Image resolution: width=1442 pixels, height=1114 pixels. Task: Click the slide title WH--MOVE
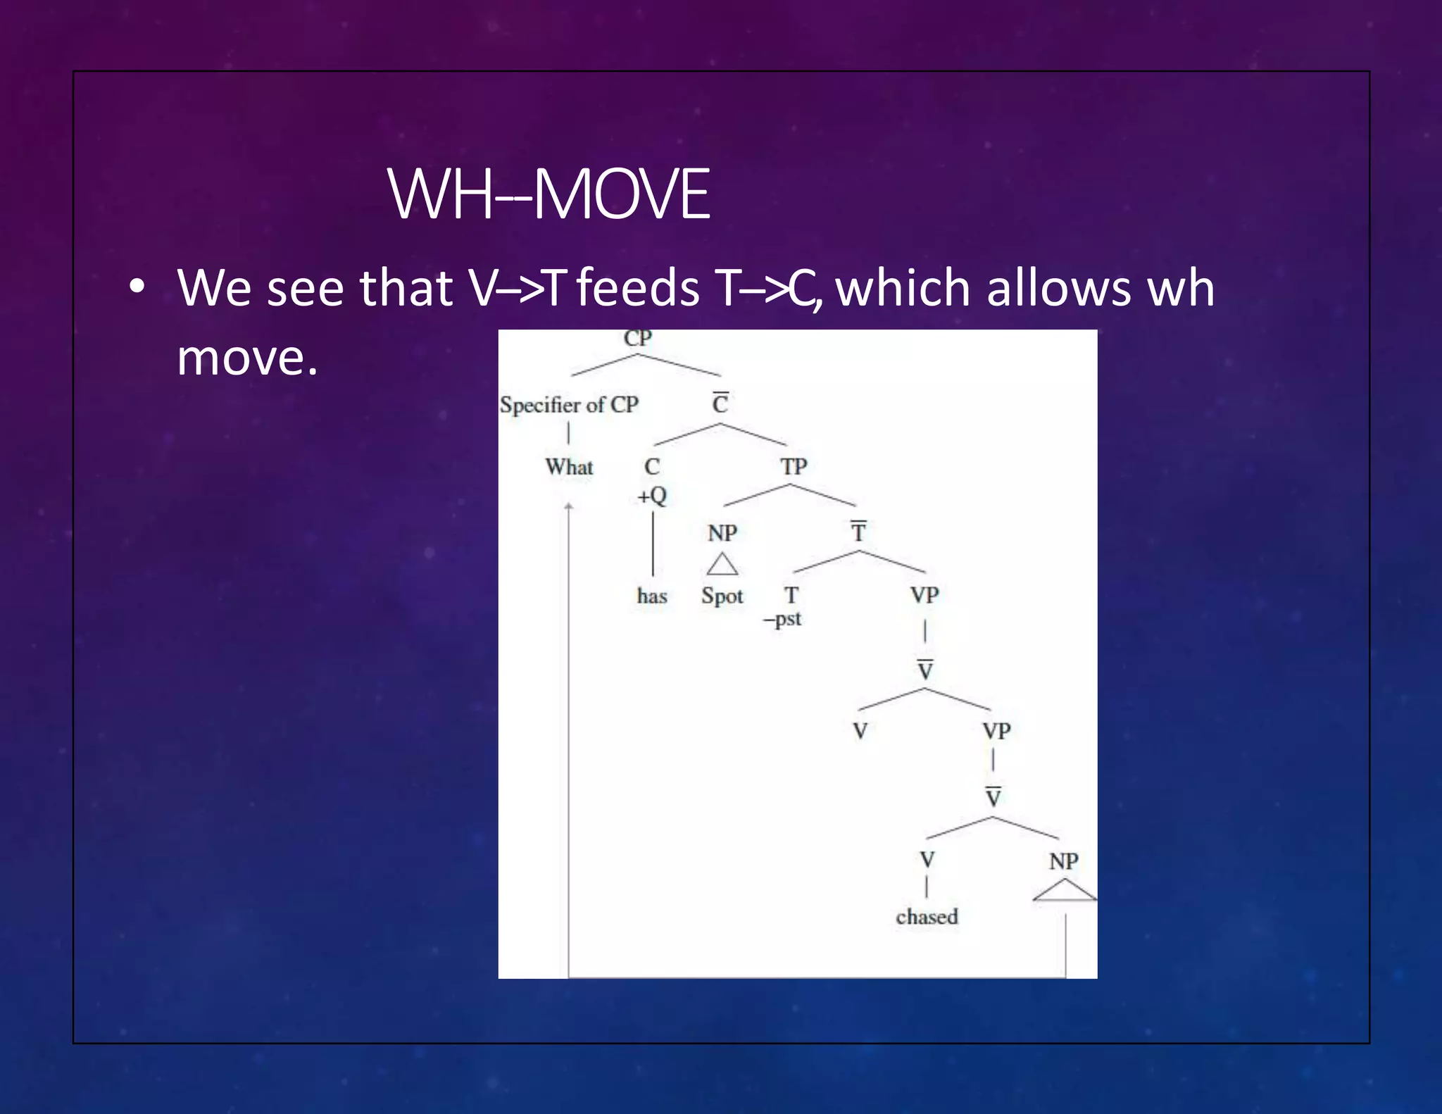coord(548,194)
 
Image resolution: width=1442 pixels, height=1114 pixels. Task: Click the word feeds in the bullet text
coord(638,289)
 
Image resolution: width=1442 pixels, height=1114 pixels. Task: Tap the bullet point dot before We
coord(137,287)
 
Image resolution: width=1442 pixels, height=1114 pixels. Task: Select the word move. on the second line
coord(247,358)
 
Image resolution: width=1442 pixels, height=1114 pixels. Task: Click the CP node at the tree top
coord(638,339)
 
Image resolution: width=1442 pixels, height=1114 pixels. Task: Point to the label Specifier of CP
coord(569,405)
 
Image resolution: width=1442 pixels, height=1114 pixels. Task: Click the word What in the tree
coord(569,467)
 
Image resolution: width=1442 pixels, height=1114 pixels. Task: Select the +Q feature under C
coord(652,496)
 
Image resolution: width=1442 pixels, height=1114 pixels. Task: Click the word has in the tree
coord(652,596)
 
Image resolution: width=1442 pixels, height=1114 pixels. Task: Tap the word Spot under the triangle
coord(722,596)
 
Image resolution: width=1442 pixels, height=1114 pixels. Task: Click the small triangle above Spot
coord(722,565)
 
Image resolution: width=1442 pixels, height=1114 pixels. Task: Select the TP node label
coord(794,467)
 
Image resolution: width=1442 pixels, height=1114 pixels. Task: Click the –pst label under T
coord(783,620)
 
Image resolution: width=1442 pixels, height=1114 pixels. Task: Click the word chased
coord(927,917)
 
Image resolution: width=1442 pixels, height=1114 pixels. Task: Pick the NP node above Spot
coord(722,533)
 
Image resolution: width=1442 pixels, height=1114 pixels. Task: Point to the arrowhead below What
coord(569,506)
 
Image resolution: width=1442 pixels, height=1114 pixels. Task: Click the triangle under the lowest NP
coord(1065,891)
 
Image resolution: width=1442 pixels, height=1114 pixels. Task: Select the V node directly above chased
coord(927,860)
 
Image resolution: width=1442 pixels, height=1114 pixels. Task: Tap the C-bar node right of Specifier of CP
coord(720,404)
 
